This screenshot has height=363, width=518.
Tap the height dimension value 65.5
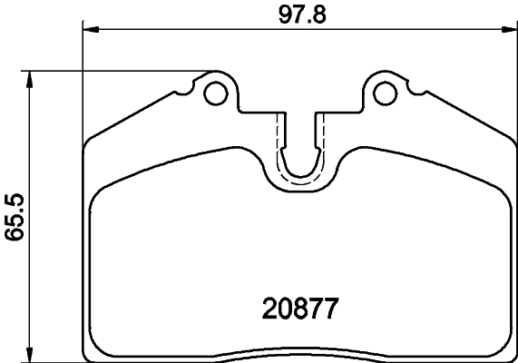pos(14,214)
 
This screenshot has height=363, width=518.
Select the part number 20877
pos(300,309)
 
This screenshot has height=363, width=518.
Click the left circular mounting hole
pos(216,93)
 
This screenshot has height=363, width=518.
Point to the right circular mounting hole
pos(386,93)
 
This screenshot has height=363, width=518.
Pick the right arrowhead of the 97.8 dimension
pos(512,31)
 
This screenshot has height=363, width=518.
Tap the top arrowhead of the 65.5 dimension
pos(33,78)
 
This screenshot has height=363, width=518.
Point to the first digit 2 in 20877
pos(267,309)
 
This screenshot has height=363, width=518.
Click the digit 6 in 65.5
pos(14,236)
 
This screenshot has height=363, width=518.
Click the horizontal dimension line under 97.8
pos(181,31)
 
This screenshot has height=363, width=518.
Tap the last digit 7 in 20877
pos(333,309)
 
